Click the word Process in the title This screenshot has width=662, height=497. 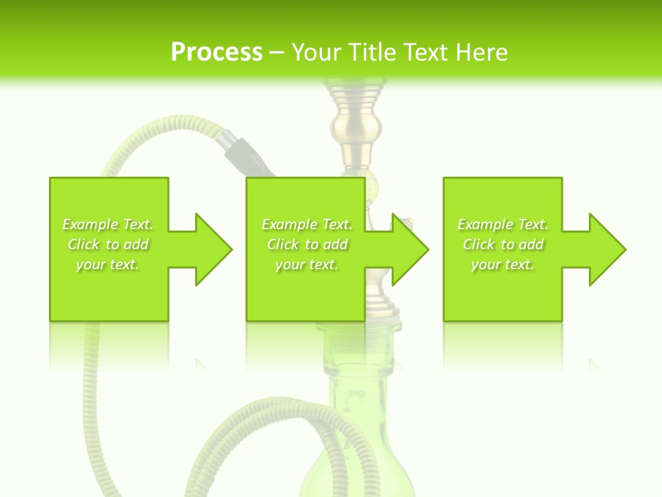[217, 52]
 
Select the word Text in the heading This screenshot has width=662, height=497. [422, 52]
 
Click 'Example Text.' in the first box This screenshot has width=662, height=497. [108, 224]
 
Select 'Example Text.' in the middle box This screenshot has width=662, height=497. [307, 224]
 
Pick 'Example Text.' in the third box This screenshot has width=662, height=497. [503, 224]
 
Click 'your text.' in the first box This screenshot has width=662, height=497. [108, 264]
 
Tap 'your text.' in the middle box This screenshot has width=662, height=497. [307, 264]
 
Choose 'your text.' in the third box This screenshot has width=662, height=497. [503, 264]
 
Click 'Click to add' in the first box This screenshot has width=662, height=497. [108, 244]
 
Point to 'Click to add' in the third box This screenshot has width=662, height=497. [503, 244]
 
